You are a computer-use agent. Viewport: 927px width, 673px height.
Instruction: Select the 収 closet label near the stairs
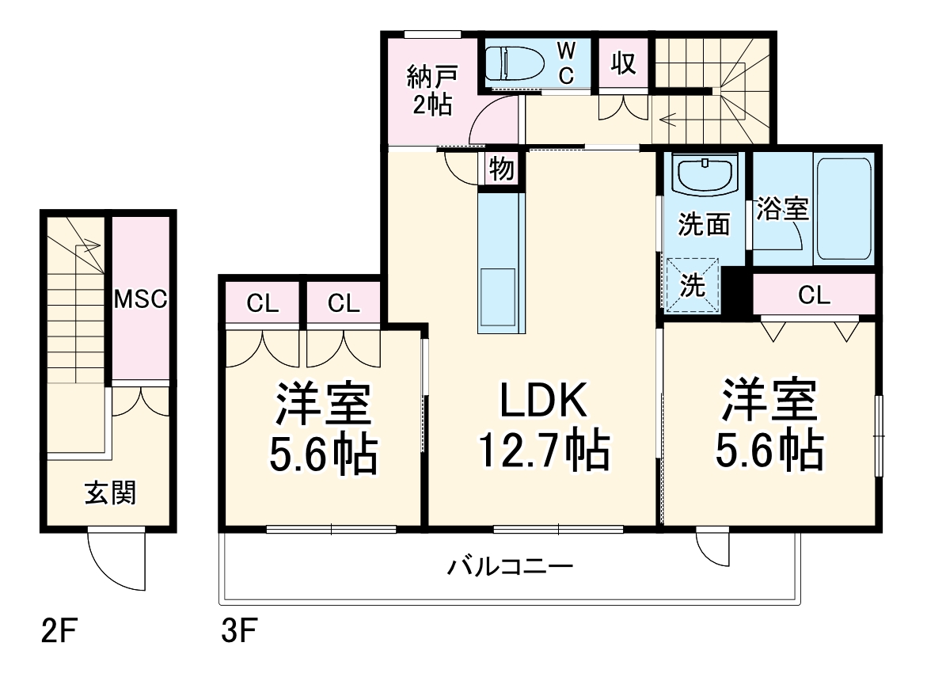624,63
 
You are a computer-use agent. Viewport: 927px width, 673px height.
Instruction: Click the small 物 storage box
501,169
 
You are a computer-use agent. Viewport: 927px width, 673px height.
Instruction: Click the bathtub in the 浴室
844,207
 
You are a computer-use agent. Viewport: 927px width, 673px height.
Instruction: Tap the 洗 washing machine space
693,285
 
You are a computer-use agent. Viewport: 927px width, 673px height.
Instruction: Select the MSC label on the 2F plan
139,298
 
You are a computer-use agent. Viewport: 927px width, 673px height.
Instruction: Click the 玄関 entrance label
110,492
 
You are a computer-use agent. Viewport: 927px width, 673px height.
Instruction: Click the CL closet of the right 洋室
814,295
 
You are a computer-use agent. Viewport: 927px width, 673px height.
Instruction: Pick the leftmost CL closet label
263,302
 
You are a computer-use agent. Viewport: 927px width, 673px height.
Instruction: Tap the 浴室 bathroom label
782,209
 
